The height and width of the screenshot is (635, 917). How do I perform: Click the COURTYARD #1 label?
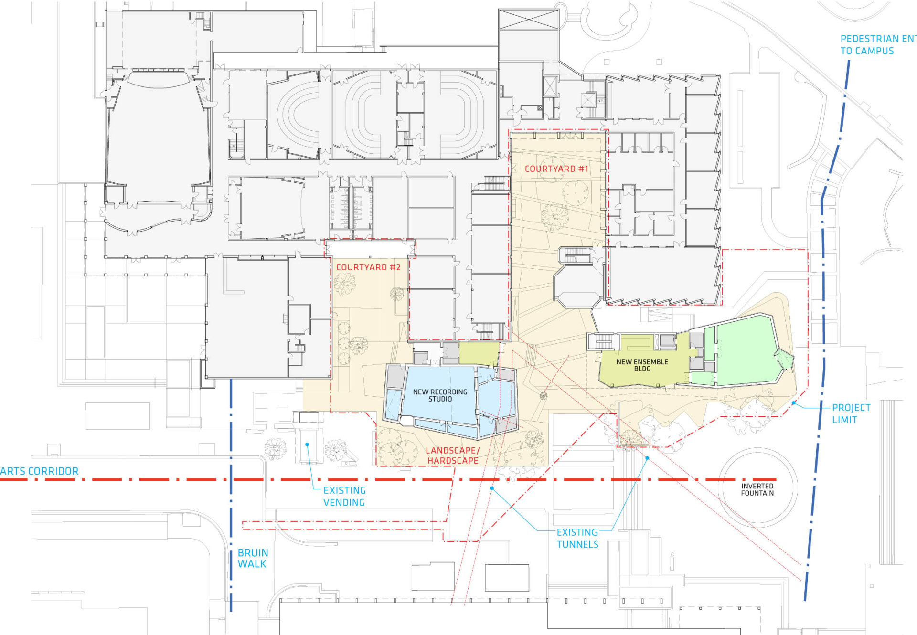click(556, 169)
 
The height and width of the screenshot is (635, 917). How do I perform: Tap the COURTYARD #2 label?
click(368, 267)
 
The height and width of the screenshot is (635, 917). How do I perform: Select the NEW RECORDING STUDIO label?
click(440, 395)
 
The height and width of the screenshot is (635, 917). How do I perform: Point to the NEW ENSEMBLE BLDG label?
click(642, 365)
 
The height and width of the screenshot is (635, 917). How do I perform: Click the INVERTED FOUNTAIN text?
click(757, 490)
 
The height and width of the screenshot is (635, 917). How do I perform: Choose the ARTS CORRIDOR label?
click(39, 471)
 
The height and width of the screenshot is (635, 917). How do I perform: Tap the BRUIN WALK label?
click(253, 558)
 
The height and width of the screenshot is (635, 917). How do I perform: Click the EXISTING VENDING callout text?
click(344, 497)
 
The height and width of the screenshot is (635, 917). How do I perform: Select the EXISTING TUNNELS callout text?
click(577, 539)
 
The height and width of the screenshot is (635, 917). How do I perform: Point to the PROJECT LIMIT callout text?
click(851, 414)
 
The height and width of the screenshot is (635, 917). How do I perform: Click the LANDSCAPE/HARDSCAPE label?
click(452, 455)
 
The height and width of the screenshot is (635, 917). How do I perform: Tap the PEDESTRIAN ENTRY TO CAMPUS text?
click(878, 45)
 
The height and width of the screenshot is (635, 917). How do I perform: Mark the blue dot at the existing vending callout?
click(307, 444)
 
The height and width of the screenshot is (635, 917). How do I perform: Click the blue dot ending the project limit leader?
click(794, 403)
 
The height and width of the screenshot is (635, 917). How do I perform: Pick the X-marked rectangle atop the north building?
click(528, 19)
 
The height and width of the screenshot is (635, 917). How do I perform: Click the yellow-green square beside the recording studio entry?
click(479, 354)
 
